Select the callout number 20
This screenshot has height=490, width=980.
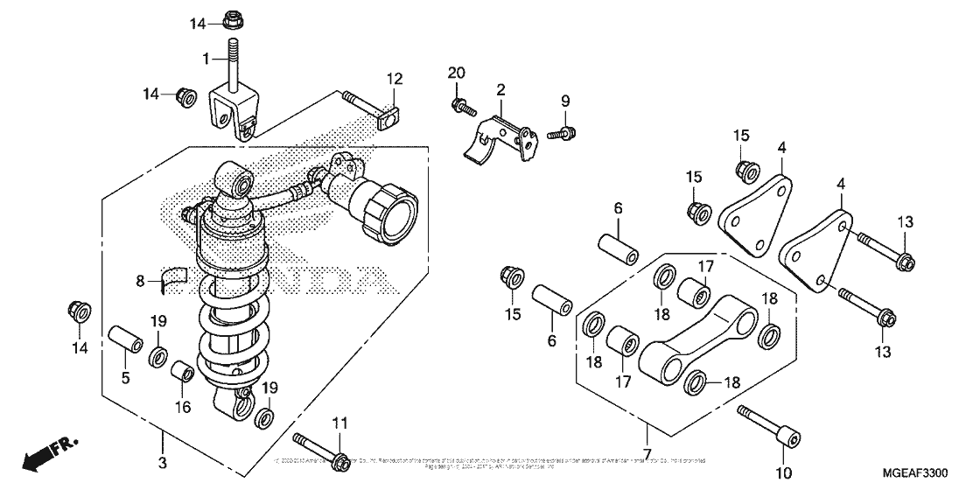(x=455, y=72)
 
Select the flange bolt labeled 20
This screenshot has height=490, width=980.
(x=460, y=108)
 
